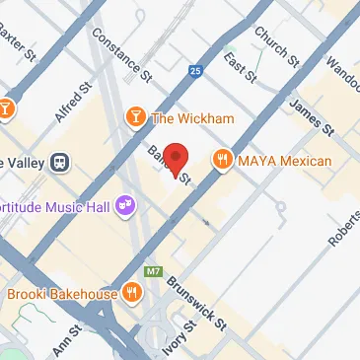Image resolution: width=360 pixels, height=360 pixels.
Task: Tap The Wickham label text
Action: (x=192, y=119)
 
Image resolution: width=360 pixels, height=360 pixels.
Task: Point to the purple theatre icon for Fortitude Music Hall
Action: (x=125, y=205)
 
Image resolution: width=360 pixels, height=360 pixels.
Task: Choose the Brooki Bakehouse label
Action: (x=62, y=293)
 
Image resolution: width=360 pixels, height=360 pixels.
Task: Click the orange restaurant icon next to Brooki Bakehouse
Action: (x=130, y=293)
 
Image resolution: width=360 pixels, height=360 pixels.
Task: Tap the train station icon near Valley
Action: (x=61, y=161)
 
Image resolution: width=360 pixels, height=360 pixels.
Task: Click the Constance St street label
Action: (x=121, y=54)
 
